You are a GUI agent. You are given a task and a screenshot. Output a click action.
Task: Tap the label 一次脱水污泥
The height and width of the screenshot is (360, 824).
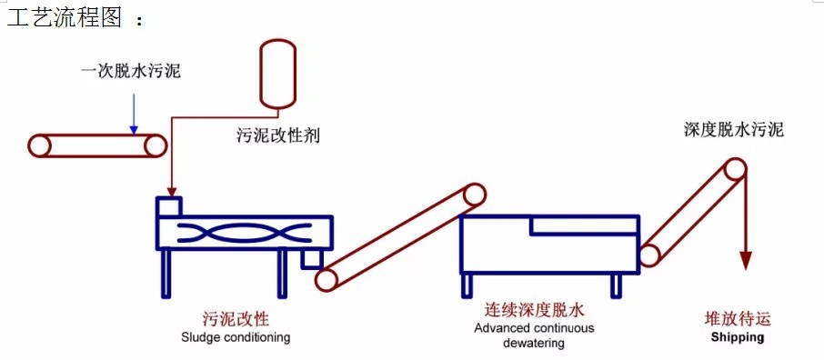(131, 70)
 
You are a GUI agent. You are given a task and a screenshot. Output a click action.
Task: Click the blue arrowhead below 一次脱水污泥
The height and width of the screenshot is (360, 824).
(134, 129)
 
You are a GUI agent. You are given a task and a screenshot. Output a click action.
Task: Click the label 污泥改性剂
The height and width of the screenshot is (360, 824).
(278, 135)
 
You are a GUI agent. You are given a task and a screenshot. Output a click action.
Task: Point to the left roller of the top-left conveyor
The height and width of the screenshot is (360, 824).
(39, 145)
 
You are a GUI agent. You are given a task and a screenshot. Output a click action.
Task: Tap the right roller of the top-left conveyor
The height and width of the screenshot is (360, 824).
(156, 145)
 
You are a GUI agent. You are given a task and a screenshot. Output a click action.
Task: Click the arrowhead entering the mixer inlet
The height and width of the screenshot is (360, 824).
(171, 192)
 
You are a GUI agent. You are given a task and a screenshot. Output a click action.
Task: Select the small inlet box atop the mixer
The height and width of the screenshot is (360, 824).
(169, 206)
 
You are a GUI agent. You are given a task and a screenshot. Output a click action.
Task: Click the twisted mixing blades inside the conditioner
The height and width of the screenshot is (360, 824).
(244, 233)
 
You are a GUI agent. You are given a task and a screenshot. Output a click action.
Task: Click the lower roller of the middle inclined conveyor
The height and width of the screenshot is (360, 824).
(327, 279)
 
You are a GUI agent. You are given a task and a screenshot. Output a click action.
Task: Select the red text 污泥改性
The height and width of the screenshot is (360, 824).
(236, 319)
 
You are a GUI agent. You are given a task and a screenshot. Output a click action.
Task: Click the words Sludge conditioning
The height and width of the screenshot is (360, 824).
(236, 336)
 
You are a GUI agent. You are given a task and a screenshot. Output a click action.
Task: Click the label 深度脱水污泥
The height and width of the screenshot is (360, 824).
(734, 129)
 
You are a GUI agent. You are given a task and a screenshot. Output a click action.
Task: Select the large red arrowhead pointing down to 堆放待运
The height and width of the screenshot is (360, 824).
(745, 261)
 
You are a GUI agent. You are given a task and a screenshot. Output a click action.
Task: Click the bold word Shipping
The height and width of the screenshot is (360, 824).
(738, 337)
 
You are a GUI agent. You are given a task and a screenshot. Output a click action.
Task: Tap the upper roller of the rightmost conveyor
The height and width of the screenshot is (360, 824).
(734, 170)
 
